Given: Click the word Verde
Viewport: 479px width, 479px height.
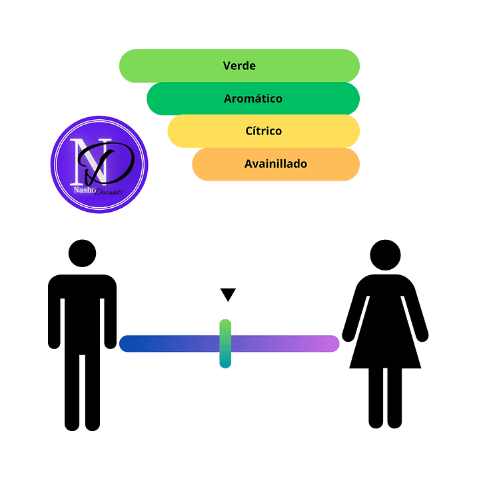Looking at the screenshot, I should pos(239,66).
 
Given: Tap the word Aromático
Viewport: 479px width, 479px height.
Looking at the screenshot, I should pos(253,99).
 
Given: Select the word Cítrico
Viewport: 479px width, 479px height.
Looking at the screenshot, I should pos(264,131).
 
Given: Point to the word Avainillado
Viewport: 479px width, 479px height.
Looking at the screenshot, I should pos(276,163).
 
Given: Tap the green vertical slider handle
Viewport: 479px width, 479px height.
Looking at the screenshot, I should pos(225,344).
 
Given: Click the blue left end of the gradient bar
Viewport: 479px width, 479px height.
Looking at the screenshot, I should pos(130,344).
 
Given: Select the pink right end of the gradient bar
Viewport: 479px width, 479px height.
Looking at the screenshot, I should pos(330,344).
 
